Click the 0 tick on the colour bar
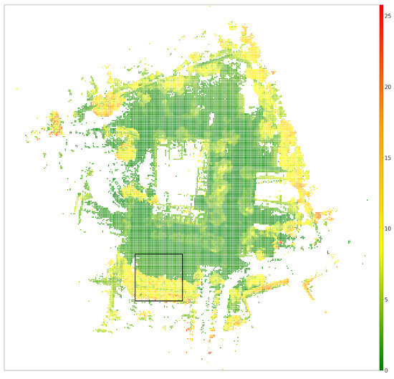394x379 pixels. [x=387, y=370]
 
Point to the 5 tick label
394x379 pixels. [x=387, y=299]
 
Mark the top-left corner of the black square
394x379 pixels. [x=135, y=254]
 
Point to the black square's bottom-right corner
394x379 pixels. [x=183, y=301]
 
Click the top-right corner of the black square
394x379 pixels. [x=183, y=254]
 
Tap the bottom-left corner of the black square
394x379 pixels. [x=135, y=301]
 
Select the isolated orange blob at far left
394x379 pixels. [x=53, y=121]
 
